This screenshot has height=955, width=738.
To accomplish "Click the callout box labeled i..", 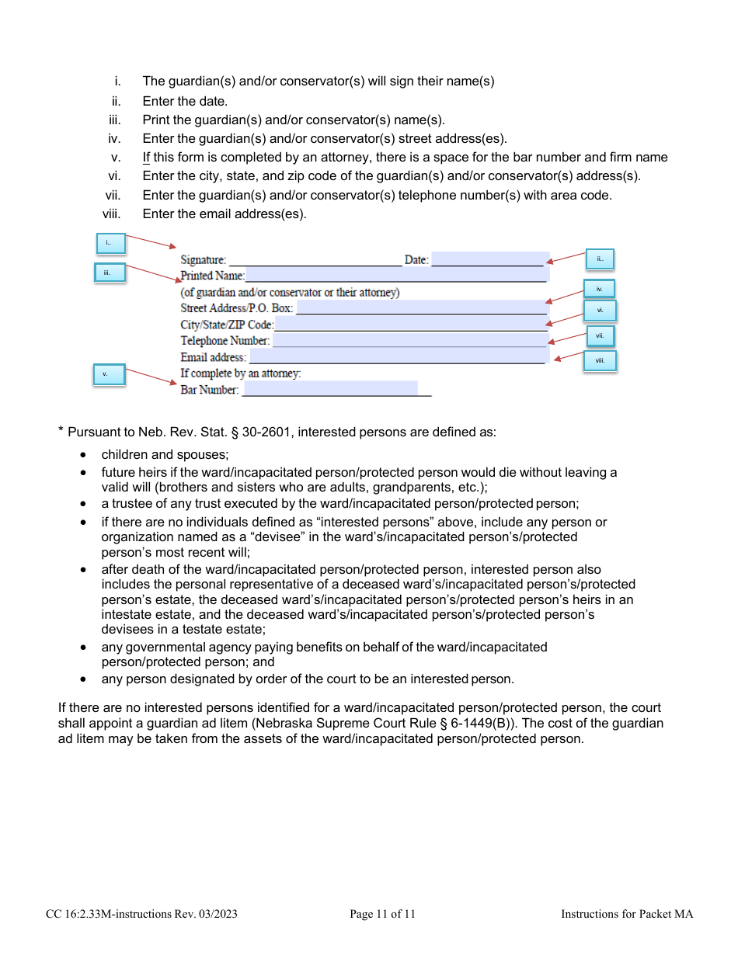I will coord(109,243).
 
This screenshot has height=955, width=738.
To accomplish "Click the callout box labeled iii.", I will coord(109,273).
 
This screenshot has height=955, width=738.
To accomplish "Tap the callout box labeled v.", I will coord(109,374).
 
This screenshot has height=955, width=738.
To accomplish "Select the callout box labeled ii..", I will coord(600,259).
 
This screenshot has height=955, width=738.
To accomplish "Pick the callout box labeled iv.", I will coord(600,289).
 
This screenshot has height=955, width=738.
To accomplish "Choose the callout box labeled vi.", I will coord(600,311).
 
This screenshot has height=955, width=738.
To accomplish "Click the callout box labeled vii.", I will coord(600,335).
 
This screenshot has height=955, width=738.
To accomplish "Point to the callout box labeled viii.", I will coord(600,360).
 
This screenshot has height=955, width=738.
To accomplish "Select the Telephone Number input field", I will coord(410,340).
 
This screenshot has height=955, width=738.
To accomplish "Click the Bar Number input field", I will coord(330,389).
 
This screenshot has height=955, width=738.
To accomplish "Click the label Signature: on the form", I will coord(204,260).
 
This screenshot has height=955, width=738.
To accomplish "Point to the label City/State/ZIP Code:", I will coord(227,325).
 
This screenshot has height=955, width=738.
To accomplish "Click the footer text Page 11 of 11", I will coord(382,915).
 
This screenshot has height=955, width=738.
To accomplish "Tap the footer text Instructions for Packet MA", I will coord(627,915).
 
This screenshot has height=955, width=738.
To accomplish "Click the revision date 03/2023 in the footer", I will coord(218,915).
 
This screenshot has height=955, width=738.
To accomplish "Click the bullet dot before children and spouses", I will coord(83,455).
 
